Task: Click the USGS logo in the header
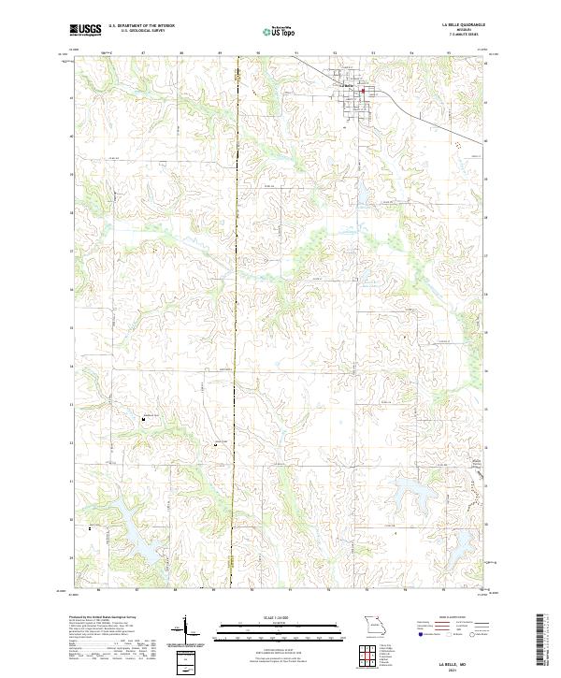[x=86, y=30]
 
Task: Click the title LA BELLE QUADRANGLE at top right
[x=464, y=25]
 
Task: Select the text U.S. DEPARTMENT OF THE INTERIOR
[x=141, y=25]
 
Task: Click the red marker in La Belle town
[x=365, y=91]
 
